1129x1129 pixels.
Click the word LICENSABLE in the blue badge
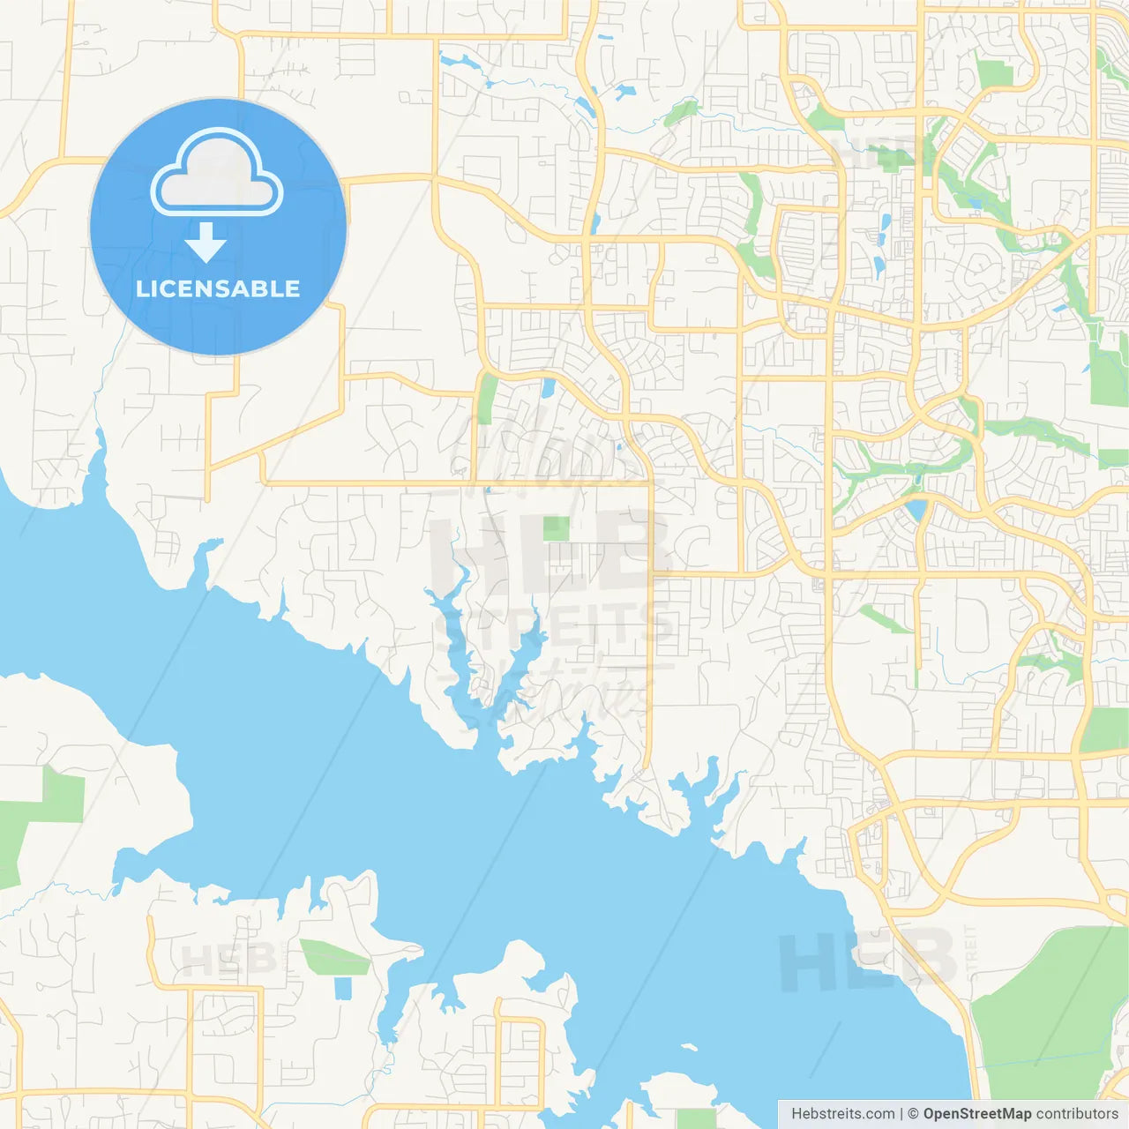(x=218, y=288)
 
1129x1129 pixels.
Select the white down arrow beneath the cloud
(x=206, y=243)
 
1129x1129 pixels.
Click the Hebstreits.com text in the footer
(x=842, y=1114)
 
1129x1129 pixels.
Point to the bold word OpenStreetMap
(x=976, y=1114)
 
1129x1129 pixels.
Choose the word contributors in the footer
(x=1076, y=1114)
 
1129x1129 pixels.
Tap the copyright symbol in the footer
(x=913, y=1114)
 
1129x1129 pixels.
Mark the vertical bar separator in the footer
(x=901, y=1114)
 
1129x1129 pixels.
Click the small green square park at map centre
(x=557, y=528)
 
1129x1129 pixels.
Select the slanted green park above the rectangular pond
(x=335, y=958)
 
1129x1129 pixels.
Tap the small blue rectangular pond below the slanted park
(x=343, y=989)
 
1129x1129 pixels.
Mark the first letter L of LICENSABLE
(x=141, y=288)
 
